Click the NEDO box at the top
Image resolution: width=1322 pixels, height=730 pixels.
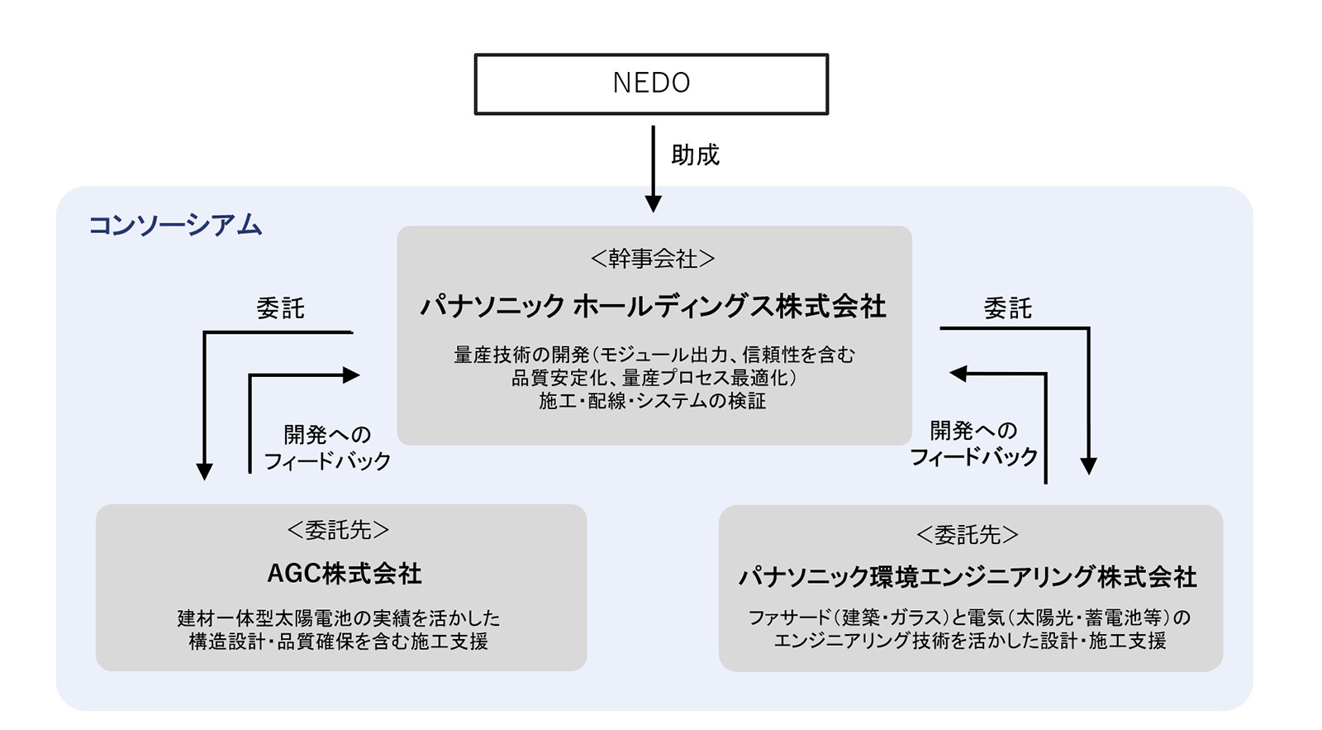coord(651,83)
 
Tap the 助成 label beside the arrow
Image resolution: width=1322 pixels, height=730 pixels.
coord(695,155)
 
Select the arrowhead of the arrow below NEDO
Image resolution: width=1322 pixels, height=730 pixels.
coord(653,203)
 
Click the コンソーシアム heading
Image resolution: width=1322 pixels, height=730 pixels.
coord(175,225)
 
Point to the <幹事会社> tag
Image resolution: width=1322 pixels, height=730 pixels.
coord(653,259)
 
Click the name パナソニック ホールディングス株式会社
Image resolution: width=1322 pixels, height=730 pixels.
coord(653,307)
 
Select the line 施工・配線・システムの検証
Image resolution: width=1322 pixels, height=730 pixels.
coord(653,402)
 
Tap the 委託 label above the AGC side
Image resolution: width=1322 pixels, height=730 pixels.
coord(280,308)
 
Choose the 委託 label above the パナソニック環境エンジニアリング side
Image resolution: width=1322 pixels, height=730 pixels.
coord(1007,308)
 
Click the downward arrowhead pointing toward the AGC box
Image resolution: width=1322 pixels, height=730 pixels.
coord(204,471)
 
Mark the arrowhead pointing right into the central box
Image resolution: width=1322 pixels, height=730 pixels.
coord(351,375)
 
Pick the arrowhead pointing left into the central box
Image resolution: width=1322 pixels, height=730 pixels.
coord(958,374)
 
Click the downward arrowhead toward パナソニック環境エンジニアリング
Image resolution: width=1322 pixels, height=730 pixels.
coord(1088,465)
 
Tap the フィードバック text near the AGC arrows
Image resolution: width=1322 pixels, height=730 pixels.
coord(327,461)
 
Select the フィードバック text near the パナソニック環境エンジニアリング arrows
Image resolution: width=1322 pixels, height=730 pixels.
coord(973,457)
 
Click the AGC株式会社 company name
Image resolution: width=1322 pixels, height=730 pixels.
coord(344,574)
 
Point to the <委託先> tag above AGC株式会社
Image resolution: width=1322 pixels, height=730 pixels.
coord(338,530)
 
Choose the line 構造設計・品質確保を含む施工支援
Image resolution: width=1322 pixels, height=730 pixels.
coord(338,642)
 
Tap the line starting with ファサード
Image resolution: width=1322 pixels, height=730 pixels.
coord(968,618)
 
